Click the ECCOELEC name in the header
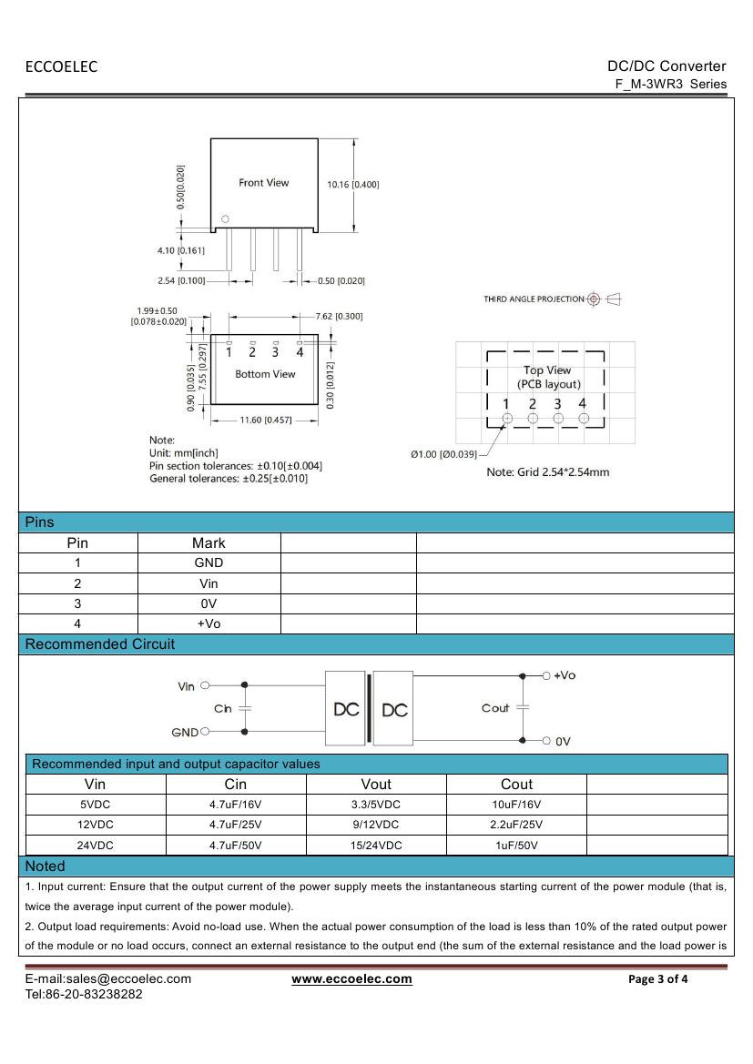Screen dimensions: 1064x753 [61, 66]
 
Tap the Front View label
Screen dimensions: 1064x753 [263, 183]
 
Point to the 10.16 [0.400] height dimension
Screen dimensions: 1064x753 [353, 185]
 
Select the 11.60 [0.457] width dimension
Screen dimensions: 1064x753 [265, 421]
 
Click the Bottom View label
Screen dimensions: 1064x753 [265, 374]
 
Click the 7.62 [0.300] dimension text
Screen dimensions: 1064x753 [339, 317]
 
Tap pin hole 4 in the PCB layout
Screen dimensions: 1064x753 [584, 419]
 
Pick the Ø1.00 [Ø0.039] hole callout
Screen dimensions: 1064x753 [443, 454]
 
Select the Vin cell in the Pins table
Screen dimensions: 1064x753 [209, 583]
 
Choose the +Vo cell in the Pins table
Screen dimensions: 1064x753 [209, 623]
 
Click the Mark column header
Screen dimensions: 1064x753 [209, 542]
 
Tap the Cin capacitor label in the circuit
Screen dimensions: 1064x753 [223, 708]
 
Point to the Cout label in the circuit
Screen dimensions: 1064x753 [495, 708]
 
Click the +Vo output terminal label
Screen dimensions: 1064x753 [565, 675]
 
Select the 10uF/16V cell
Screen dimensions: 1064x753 [515, 805]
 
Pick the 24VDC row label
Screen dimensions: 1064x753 [95, 846]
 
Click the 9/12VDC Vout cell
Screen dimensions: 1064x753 [375, 825]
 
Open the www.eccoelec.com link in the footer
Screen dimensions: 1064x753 [351, 979]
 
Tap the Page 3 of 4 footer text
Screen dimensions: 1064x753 [658, 979]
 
